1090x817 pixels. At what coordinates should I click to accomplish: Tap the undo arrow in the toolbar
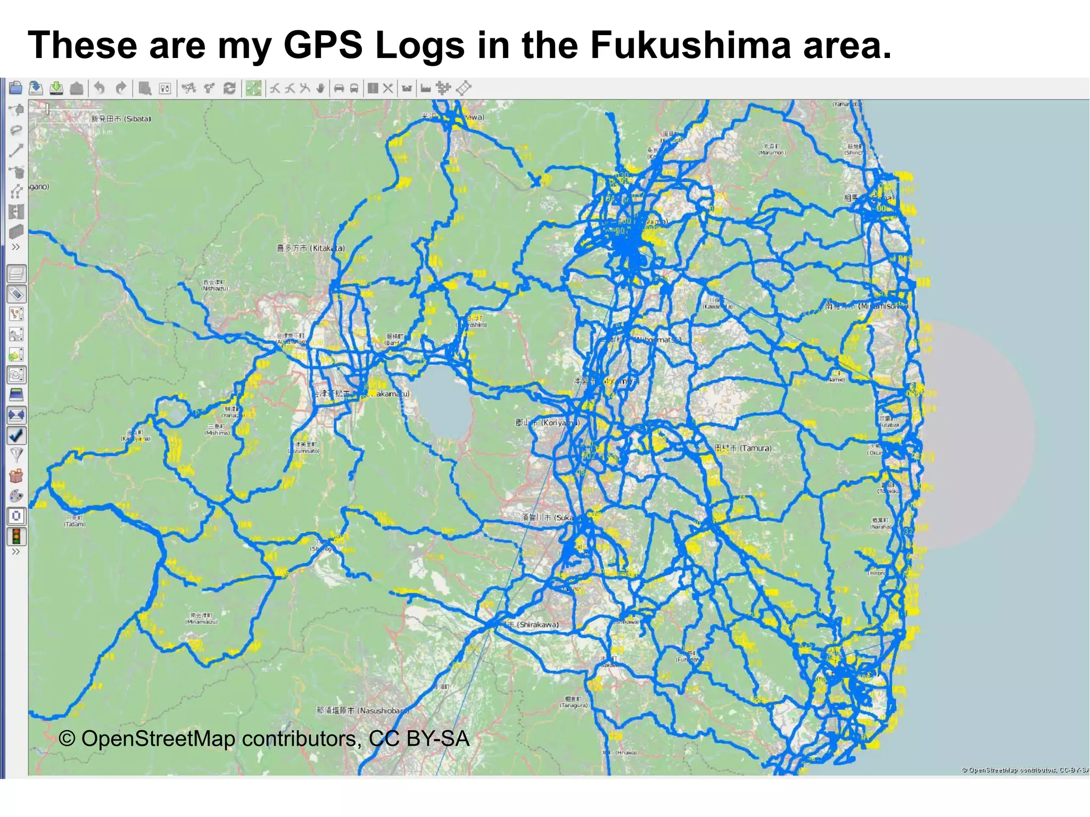[x=100, y=88]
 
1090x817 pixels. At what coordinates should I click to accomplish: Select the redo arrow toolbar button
[x=121, y=88]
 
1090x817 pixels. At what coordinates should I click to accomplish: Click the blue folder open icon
[x=15, y=88]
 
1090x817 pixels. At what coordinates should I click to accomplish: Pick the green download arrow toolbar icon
[x=56, y=88]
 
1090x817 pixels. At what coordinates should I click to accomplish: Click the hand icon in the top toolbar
[x=320, y=88]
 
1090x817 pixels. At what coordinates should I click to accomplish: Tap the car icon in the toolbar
[x=339, y=88]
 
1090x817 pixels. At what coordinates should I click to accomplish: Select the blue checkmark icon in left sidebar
[x=16, y=435]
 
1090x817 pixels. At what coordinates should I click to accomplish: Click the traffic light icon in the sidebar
[x=16, y=536]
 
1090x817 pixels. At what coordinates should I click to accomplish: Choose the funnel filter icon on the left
[x=16, y=455]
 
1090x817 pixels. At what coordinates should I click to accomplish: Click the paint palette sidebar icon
[x=16, y=496]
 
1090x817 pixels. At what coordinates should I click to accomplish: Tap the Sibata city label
[x=121, y=119]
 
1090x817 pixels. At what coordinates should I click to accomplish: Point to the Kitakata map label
[x=311, y=248]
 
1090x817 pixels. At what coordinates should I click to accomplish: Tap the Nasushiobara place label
[x=363, y=711]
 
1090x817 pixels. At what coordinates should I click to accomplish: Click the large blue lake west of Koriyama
[x=442, y=402]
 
